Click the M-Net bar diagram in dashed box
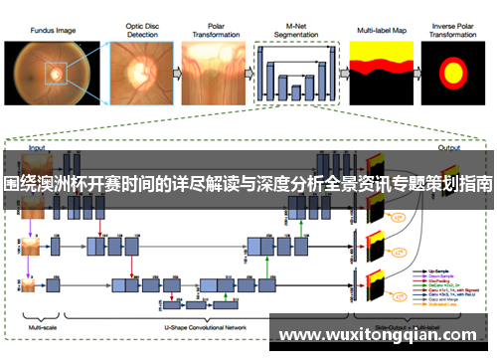[x=293, y=76]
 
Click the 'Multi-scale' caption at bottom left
[x=43, y=327]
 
